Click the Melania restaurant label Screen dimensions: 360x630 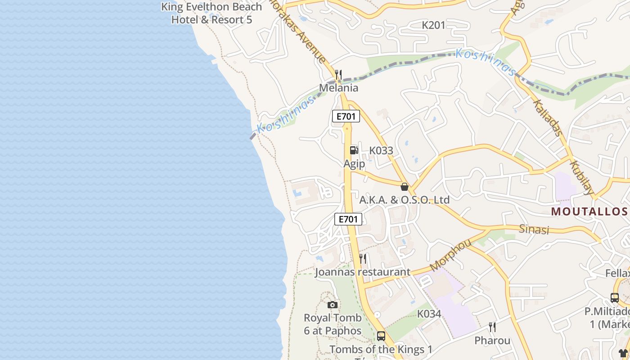click(338, 88)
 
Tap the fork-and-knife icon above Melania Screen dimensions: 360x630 click(338, 74)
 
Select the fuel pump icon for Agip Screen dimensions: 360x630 click(354, 150)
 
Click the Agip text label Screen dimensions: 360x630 click(354, 164)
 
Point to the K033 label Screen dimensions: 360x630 click(381, 151)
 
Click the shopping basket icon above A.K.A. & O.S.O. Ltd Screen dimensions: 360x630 click(405, 187)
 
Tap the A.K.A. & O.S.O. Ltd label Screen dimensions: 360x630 click(404, 200)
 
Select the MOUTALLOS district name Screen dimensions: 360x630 click(589, 211)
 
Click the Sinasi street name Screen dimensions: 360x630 click(534, 229)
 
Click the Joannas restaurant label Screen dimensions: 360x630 click(362, 272)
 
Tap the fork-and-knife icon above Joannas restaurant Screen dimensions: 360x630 click(363, 259)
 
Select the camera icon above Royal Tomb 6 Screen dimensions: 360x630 click(333, 305)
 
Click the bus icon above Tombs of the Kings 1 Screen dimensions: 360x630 click(381, 336)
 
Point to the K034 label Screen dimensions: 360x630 click(429, 314)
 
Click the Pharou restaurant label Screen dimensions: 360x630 click(492, 341)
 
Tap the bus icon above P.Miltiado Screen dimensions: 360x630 click(615, 298)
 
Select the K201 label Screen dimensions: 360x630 click(433, 25)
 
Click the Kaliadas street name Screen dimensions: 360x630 click(547, 117)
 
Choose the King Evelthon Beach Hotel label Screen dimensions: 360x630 click(211, 13)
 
